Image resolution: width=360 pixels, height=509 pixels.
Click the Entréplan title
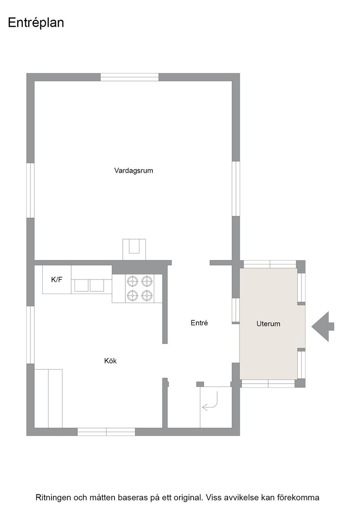pos(36,23)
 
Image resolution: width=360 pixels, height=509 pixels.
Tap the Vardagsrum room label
pos(134,170)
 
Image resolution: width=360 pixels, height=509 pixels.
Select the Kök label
pos(110,361)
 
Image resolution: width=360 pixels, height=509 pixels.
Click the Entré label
pos(199,323)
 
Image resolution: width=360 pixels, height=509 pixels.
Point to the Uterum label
pos(268,324)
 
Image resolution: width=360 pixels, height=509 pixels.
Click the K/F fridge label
pos(56,279)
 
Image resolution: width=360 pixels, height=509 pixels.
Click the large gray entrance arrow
pos(323,326)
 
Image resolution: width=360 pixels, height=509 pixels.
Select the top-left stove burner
pos(132,280)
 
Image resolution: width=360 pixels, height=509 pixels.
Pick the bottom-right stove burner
pos(147,295)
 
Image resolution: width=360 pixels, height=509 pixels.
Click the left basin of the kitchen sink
pos(81,285)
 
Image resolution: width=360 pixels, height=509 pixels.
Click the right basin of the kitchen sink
pos(97,285)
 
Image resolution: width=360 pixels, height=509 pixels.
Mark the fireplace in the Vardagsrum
pos(134,250)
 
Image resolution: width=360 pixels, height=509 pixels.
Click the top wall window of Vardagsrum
pos(130,77)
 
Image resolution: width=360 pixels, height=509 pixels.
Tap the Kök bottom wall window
pos(106,432)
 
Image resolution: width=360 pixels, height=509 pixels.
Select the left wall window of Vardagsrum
pos(30,190)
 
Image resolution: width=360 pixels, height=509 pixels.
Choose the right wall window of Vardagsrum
pos(236,189)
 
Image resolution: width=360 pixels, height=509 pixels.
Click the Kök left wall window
pos(30,334)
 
